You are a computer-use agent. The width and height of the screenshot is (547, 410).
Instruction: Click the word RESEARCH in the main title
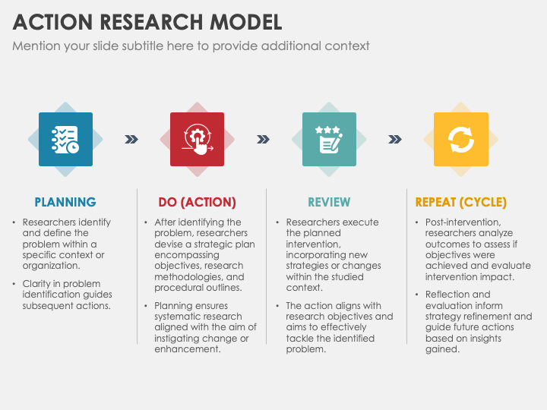point(151,22)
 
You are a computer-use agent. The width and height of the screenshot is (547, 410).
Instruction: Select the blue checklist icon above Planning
point(65,139)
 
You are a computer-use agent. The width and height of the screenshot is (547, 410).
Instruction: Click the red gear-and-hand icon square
point(197,139)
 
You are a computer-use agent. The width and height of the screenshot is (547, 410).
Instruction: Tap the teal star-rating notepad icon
point(329,139)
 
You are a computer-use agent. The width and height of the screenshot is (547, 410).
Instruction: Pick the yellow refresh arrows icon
point(461,139)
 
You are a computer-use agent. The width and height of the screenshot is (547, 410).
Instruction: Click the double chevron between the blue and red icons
point(131,140)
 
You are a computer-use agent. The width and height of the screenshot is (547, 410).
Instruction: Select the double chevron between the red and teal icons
point(263,140)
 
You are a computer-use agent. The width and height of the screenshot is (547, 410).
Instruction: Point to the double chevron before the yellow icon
point(395,140)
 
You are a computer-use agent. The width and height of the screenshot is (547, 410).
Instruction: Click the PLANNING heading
point(65,202)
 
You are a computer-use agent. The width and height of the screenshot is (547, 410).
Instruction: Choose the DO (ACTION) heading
point(197,202)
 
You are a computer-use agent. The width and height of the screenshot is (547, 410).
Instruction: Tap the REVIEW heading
point(329,202)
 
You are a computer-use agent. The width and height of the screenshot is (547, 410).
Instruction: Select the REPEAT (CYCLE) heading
point(461,202)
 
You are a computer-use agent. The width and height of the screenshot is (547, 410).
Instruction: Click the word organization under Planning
point(52,266)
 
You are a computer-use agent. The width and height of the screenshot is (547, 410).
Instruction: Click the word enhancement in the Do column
point(188,349)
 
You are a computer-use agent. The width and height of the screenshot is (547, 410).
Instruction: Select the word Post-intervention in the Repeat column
point(463,222)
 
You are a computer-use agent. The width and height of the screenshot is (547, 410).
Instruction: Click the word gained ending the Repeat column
point(442,349)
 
